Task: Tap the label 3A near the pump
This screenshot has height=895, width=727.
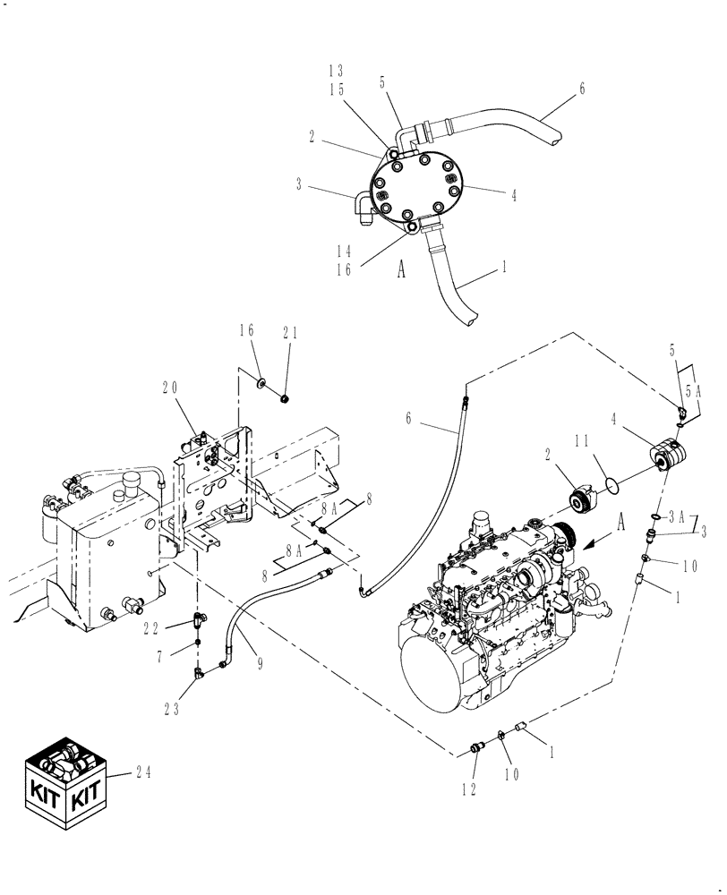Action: [676, 517]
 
